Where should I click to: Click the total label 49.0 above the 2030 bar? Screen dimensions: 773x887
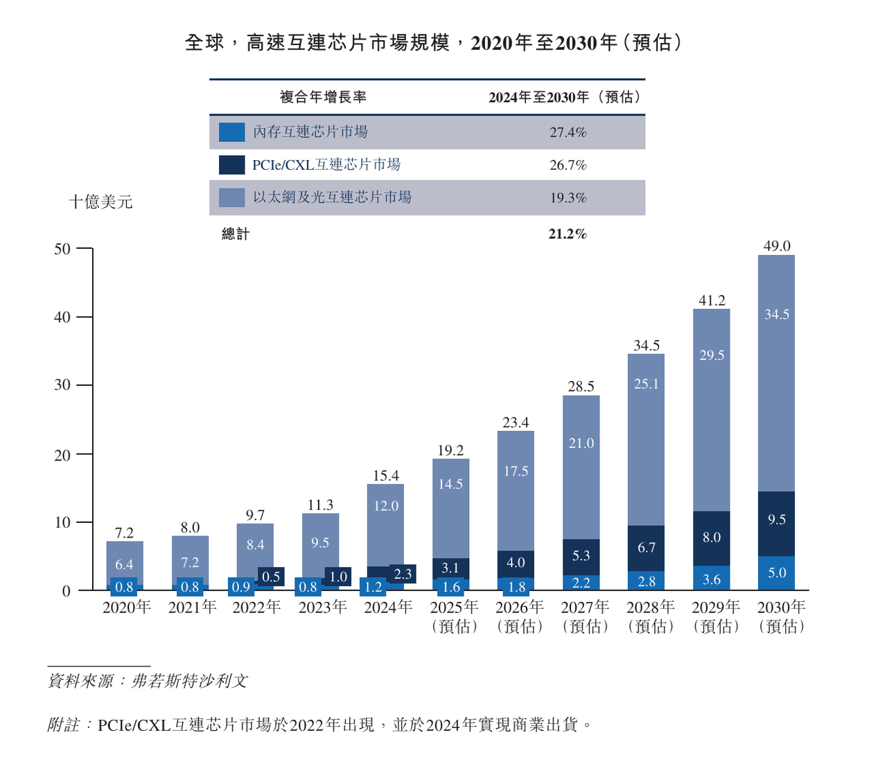tap(776, 246)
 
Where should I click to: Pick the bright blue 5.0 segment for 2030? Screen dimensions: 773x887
tap(776, 573)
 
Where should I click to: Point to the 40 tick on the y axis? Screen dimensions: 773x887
tap(62, 317)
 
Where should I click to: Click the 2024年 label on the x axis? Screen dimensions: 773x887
tap(388, 607)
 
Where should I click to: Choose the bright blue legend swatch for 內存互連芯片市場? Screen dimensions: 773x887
tap(231, 132)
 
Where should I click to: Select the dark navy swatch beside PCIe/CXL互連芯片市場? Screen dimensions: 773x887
tap(231, 165)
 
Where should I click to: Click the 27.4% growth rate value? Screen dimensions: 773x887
tap(568, 132)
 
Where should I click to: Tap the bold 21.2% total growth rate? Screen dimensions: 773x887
tap(568, 234)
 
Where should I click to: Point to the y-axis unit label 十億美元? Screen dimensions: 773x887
tap(100, 202)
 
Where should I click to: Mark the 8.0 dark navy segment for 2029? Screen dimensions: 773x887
tap(711, 538)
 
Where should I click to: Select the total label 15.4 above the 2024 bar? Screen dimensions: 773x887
tap(385, 476)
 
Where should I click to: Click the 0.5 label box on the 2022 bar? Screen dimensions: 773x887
tap(271, 576)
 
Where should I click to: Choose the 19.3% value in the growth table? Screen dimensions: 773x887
tap(568, 198)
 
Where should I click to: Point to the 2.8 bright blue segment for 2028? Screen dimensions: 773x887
tap(646, 581)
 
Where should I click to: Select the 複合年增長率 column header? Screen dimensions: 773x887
tap(323, 97)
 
